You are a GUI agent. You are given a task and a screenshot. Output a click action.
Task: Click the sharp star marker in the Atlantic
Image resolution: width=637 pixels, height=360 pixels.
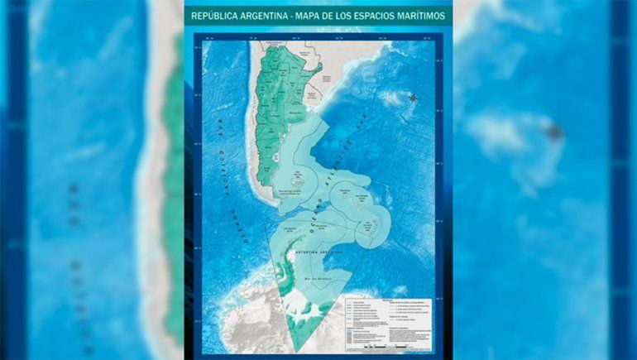[412, 98]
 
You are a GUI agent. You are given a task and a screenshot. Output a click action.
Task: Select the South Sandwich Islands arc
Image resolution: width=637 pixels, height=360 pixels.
[380, 225]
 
